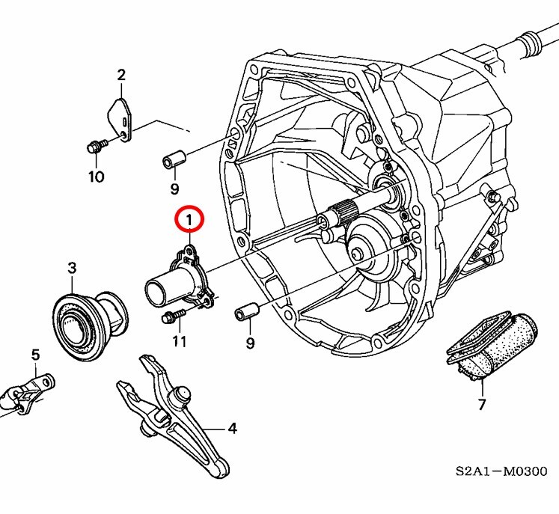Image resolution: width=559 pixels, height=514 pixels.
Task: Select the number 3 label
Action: coord(72,268)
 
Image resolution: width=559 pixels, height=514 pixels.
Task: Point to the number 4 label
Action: coord(232,429)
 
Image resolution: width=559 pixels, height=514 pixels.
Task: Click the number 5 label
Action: coord(34,354)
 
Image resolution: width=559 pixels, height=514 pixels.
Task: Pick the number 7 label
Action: coord(481,405)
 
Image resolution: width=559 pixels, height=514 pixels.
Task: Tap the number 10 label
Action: coord(96,177)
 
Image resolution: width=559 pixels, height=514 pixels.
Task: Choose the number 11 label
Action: coord(178,342)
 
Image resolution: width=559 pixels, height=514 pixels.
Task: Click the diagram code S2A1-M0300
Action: coord(501,472)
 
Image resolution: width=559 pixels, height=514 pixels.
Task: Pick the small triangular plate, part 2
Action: coord(119,116)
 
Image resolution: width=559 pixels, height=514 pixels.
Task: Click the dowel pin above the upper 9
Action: coord(174,159)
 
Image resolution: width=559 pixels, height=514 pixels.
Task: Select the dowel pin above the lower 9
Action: coord(247,310)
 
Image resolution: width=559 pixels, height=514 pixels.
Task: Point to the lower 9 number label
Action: coord(250,343)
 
